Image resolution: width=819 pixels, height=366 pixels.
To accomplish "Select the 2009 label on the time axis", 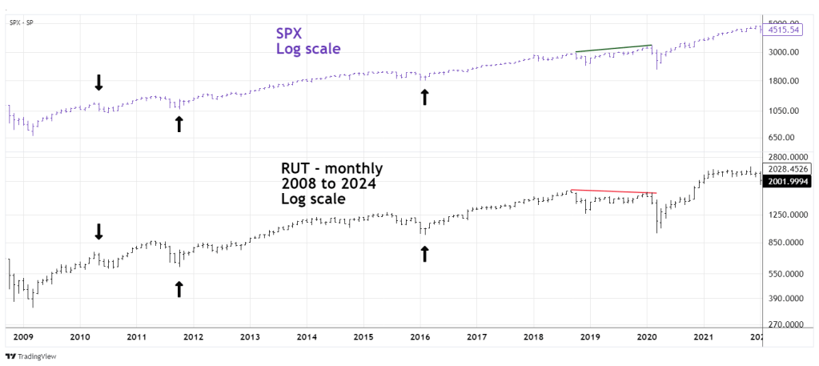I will (x=22, y=338).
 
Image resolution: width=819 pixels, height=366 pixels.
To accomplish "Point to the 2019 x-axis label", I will (x=590, y=338).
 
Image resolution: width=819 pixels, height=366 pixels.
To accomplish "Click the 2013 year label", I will (x=250, y=338).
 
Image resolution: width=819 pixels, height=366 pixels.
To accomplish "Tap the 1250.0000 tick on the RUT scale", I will (x=787, y=215).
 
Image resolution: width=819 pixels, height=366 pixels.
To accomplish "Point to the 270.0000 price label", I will (x=785, y=325).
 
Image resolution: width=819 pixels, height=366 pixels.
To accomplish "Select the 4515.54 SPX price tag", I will (x=785, y=30).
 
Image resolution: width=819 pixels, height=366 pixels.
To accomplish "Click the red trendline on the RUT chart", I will (x=613, y=191).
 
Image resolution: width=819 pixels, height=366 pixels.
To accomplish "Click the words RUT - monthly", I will (x=331, y=169).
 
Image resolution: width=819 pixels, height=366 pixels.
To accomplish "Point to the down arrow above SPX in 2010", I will (x=98, y=82).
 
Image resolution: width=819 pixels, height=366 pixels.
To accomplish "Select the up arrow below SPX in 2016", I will (x=424, y=98).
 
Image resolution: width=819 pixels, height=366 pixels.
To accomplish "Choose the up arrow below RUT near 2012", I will (x=179, y=288).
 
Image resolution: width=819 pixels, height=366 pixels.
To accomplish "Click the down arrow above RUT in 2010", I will (x=98, y=231).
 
